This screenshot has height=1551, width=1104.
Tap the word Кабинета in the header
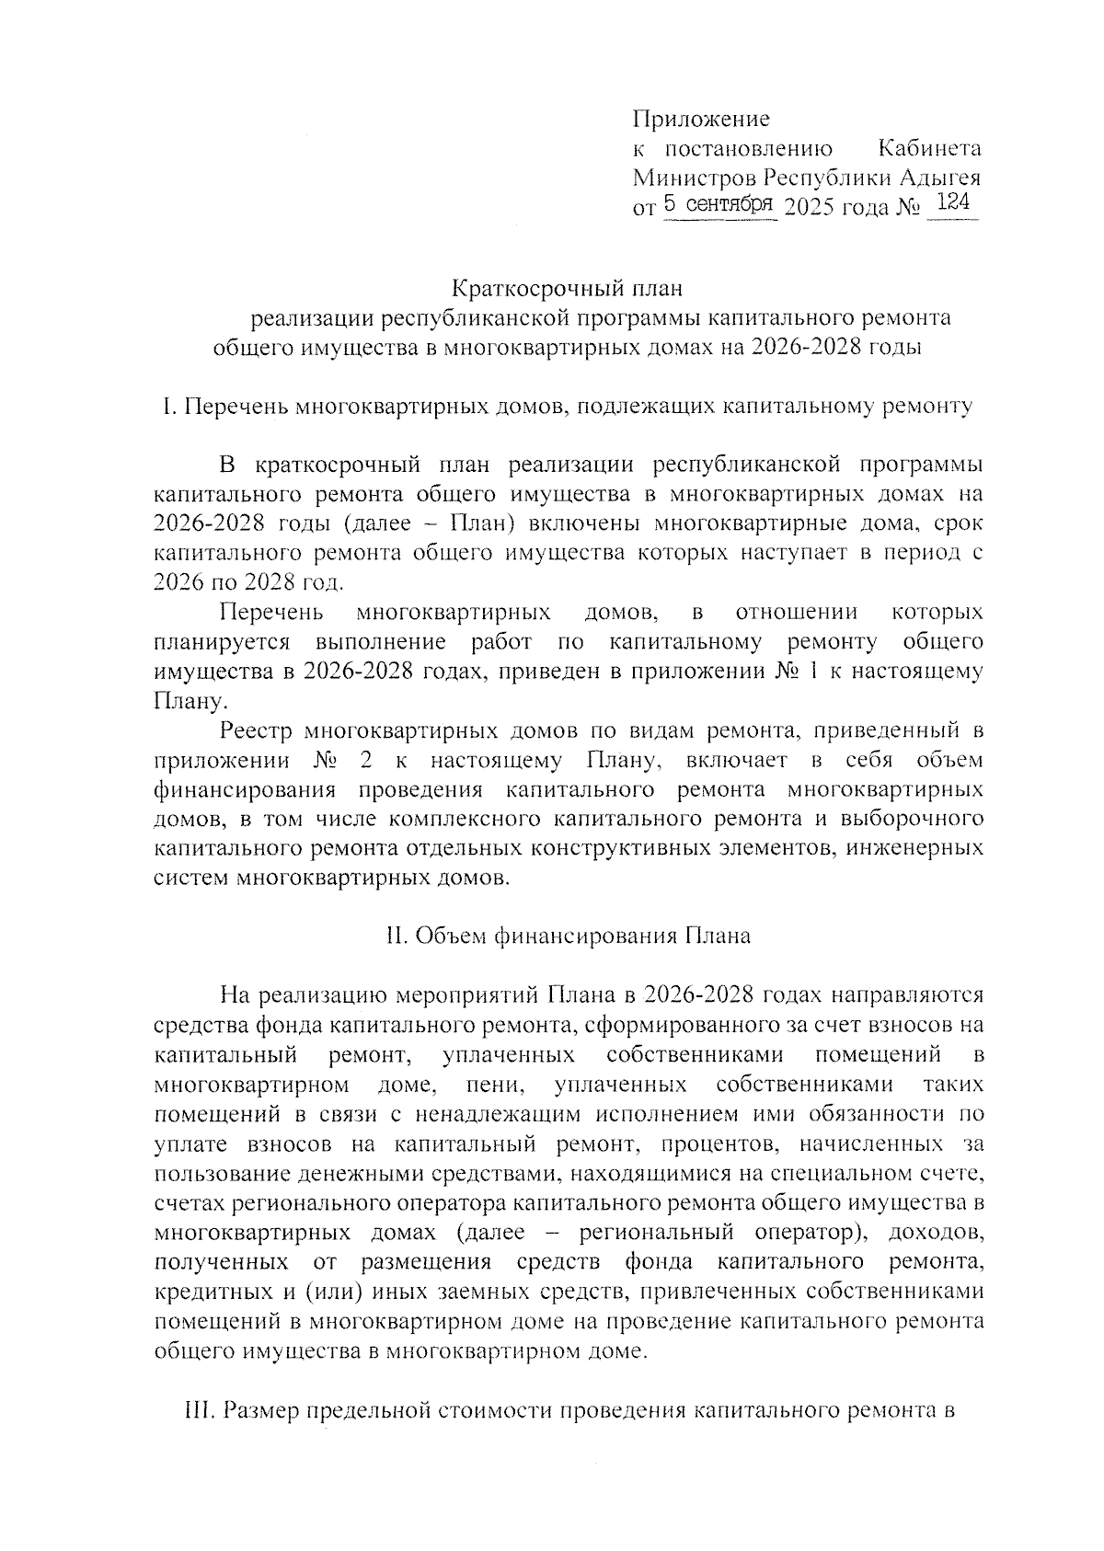tap(929, 149)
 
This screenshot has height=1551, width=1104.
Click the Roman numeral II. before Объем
tap(397, 936)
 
